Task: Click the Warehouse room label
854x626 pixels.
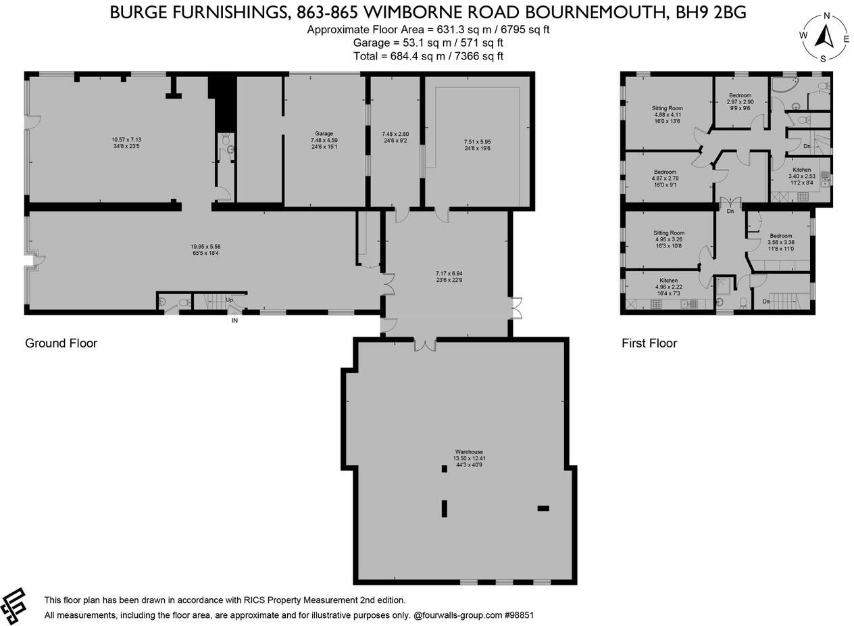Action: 468,452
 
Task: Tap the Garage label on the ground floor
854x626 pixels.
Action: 324,134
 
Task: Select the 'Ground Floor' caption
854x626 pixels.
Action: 61,343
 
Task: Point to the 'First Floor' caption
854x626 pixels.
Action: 649,343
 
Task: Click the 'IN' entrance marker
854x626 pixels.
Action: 234,320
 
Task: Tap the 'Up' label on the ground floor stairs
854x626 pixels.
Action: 229,299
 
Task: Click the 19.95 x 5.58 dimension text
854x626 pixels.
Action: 205,247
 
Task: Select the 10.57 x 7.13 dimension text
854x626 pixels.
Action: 126,141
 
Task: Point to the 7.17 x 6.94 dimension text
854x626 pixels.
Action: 449,274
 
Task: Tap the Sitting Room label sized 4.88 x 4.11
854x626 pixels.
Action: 667,108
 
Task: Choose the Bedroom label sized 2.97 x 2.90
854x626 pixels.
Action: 740,96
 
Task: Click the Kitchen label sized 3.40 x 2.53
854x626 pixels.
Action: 801,170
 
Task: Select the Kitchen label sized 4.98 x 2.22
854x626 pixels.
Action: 668,281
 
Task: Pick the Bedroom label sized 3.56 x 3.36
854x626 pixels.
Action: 780,236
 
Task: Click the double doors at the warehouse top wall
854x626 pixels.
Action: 425,344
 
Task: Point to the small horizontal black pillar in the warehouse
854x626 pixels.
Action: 543,508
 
